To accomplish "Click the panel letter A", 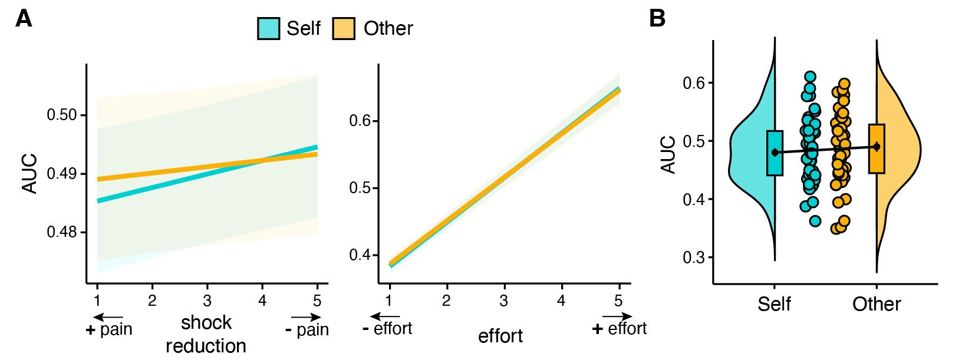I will [24, 19].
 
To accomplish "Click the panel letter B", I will [657, 19].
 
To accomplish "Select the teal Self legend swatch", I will [268, 28].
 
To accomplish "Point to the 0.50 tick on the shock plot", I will [62, 115].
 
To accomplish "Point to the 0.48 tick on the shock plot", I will [62, 232].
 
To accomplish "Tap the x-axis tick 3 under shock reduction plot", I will [207, 301].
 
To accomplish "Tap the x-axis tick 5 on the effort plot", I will [618, 301].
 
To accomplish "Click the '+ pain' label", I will [109, 329].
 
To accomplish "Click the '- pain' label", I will [307, 329].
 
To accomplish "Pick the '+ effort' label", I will [620, 328].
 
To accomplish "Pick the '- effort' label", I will [387, 328].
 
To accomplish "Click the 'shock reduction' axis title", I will [206, 334].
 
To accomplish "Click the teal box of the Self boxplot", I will [775, 153].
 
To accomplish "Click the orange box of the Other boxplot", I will [877, 148].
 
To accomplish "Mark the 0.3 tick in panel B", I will [694, 257].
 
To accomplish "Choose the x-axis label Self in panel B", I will [774, 304].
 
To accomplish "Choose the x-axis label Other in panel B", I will [877, 304].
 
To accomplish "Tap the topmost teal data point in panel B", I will [810, 77].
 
